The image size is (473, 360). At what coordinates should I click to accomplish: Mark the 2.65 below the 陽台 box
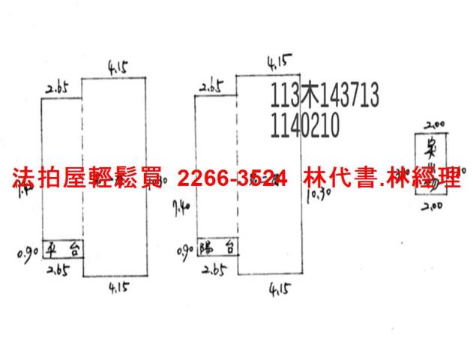pyautogui.click(x=214, y=268)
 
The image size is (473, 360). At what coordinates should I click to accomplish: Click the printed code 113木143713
pyautogui.click(x=323, y=96)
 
